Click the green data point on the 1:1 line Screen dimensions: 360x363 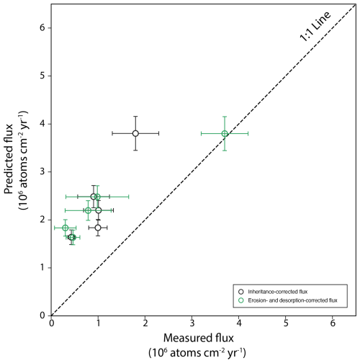225,133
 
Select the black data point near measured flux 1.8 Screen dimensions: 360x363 135,133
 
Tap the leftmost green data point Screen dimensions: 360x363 66,228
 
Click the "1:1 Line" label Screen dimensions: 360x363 315,27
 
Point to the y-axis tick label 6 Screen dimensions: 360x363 42,28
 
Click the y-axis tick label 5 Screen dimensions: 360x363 42,76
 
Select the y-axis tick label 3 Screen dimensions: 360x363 42,171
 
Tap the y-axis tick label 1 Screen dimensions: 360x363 42,267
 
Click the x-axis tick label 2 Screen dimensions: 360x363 145,323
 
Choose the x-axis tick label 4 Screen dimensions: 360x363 239,323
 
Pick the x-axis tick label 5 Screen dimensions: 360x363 286,323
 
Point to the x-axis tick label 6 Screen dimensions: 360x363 333,323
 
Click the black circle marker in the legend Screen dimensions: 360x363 241,292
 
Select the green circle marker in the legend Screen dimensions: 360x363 241,300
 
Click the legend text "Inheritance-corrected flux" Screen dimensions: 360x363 278,292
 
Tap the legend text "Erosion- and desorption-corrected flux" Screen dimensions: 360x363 292,300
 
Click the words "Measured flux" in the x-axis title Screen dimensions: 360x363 199,338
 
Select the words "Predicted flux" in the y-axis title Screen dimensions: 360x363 9,158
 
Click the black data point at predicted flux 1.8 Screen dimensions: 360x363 98,228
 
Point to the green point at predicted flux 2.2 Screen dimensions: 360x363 88,210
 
